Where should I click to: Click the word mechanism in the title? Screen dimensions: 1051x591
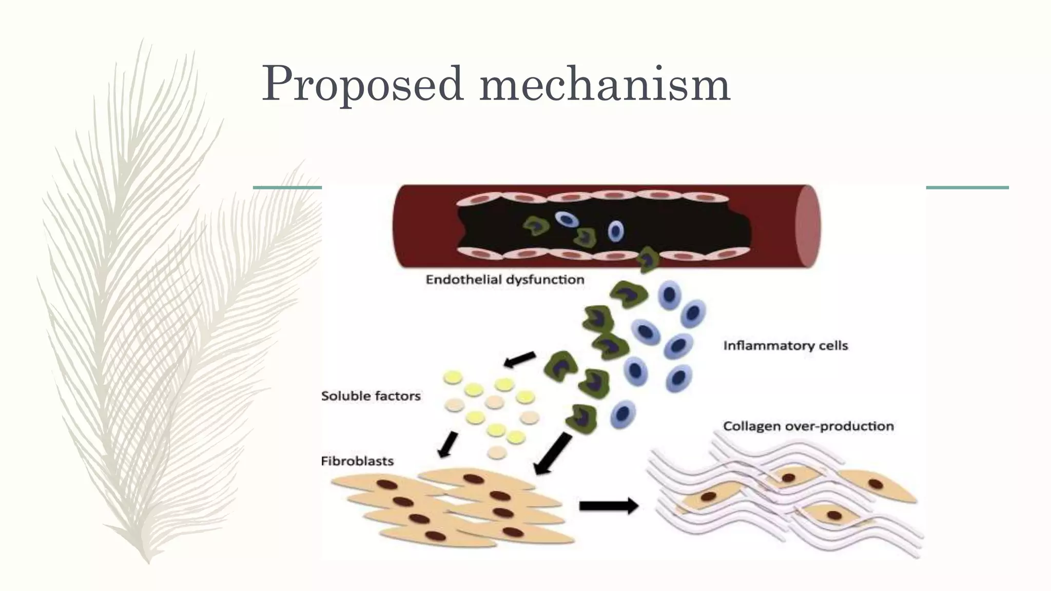click(x=605, y=83)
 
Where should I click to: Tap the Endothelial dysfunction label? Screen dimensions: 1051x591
click(x=505, y=280)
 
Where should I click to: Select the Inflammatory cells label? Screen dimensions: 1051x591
click(x=785, y=345)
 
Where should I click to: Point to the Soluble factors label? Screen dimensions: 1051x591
click(x=371, y=396)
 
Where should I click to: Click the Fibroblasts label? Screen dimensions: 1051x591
click(x=357, y=461)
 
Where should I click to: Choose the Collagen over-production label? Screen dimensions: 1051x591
click(x=808, y=426)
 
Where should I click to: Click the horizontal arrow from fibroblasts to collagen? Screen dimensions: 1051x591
click(x=609, y=506)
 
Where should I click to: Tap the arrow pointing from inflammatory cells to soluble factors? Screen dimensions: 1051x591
click(x=519, y=360)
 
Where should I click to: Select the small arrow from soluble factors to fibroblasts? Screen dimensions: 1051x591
click(x=447, y=444)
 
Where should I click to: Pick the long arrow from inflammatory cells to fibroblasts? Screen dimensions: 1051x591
click(x=553, y=454)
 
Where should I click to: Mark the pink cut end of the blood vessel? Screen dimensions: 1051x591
click(x=807, y=226)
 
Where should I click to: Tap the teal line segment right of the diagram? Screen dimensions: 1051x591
click(x=967, y=187)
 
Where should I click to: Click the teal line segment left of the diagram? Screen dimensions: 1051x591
click(x=287, y=187)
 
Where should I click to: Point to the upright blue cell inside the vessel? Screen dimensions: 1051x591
click(x=616, y=231)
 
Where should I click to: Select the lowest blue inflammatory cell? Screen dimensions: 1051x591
click(x=623, y=414)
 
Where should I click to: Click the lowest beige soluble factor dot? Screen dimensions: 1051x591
click(x=496, y=452)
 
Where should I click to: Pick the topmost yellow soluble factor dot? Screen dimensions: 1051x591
click(x=453, y=378)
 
